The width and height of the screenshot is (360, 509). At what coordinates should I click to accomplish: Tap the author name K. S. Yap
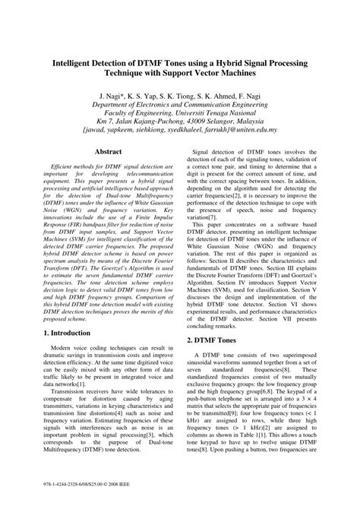click(148, 100)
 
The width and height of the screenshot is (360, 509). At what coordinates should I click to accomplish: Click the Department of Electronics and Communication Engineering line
click(181, 109)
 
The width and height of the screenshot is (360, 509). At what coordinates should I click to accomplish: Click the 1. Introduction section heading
click(68, 333)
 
